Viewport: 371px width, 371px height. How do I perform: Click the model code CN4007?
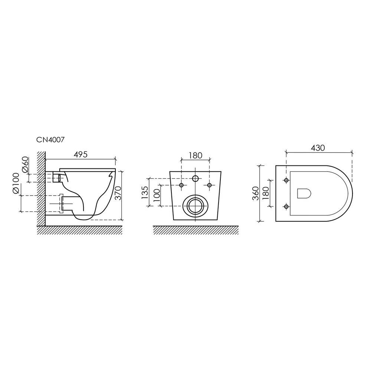pyautogui.click(x=50, y=140)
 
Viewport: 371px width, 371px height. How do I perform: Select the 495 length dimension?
pyautogui.click(x=81, y=154)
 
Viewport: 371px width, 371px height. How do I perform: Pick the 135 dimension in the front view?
pyautogui.click(x=145, y=192)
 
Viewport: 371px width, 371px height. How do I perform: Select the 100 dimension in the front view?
pyautogui.click(x=157, y=195)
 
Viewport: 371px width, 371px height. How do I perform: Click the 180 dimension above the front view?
pyautogui.click(x=196, y=155)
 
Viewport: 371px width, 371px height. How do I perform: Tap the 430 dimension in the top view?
pyautogui.click(x=318, y=148)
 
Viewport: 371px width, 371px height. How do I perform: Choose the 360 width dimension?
pyautogui.click(x=256, y=193)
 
